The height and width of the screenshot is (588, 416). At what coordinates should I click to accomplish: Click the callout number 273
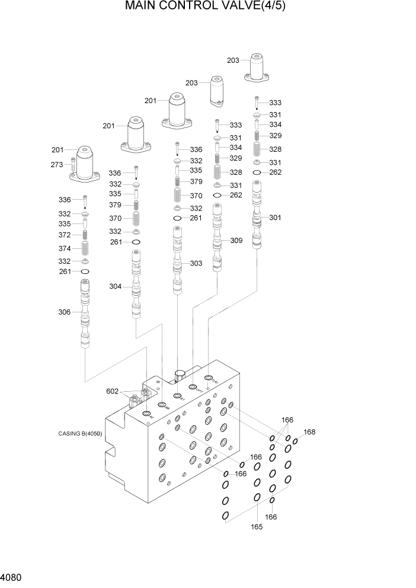pyautogui.click(x=56, y=165)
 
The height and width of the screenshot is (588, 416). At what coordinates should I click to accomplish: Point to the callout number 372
pyautogui.click(x=65, y=236)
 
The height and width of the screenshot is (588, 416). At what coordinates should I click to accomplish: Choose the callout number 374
pyautogui.click(x=65, y=248)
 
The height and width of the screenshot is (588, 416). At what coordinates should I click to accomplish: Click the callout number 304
pyautogui.click(x=116, y=287)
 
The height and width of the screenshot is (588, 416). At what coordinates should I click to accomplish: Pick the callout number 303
pyautogui.click(x=196, y=263)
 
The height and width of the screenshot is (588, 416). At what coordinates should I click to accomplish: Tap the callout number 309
pyautogui.click(x=236, y=241)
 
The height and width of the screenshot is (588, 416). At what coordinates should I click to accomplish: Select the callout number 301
pyautogui.click(x=275, y=218)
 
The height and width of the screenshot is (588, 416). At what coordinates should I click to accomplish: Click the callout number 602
pyautogui.click(x=113, y=391)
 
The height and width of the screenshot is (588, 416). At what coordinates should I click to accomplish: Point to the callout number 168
pyautogui.click(x=309, y=432)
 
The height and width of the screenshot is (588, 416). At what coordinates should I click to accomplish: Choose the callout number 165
pyautogui.click(x=257, y=526)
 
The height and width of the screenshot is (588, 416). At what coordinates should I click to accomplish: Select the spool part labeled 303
pyautogui.click(x=177, y=263)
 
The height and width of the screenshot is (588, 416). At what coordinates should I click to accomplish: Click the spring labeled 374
pyautogui.click(x=85, y=248)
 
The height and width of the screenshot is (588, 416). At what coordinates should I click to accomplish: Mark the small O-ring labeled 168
pyautogui.click(x=295, y=440)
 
